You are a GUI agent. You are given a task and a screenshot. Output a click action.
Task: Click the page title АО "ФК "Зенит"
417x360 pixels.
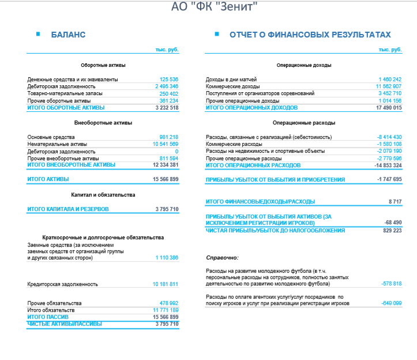point(214,7)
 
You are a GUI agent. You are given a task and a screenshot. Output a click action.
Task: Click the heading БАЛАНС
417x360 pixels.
point(68,35)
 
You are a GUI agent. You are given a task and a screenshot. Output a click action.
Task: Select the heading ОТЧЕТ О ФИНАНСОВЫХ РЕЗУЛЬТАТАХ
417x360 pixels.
point(310,35)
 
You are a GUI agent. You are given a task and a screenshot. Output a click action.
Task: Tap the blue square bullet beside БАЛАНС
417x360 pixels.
point(38,34)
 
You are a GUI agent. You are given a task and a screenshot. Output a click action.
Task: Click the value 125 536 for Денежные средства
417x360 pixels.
point(168,79)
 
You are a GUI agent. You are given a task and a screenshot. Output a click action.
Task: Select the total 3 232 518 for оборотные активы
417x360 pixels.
point(167,108)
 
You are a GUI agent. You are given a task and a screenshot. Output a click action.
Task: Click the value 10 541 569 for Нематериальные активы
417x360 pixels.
point(166,144)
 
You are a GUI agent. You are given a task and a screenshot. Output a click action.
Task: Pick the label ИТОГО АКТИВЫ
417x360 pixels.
point(47,179)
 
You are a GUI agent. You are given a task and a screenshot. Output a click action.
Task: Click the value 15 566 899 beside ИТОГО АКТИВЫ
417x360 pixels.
point(166,179)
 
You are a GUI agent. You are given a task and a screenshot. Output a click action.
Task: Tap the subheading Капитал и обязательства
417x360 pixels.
point(103,194)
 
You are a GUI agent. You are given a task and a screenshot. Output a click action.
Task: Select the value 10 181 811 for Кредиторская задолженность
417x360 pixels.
point(166,284)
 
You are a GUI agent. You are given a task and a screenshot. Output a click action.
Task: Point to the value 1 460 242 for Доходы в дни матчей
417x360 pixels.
point(390,79)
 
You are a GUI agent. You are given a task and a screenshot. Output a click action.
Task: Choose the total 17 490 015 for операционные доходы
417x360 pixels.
point(389,108)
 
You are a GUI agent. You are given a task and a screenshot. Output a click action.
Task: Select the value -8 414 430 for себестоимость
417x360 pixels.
point(389,137)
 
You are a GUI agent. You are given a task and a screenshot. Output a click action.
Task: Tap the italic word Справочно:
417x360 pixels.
point(222,257)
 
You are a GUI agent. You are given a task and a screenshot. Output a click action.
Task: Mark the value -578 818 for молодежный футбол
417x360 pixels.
point(391,284)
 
